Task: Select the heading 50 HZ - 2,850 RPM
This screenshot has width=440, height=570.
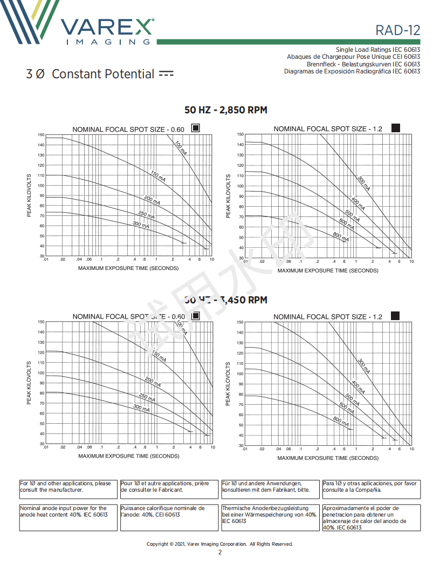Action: tap(225, 110)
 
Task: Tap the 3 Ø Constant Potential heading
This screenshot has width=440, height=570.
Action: tap(99, 74)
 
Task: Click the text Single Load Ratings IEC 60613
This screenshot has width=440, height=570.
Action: tap(377, 50)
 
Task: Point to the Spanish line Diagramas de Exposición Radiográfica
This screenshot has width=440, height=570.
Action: tap(352, 71)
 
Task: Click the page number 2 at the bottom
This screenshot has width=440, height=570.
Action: tap(220, 552)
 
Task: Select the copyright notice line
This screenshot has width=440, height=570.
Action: tap(220, 544)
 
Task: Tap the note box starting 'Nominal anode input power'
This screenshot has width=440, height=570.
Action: tap(67, 517)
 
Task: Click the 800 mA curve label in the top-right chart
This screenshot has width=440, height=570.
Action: tap(341, 236)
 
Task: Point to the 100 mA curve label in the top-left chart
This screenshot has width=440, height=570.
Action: tap(181, 148)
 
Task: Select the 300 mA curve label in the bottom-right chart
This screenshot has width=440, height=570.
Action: tap(364, 367)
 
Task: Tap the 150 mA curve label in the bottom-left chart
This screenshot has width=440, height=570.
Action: tap(159, 356)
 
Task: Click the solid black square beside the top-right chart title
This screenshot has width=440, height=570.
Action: tap(395, 128)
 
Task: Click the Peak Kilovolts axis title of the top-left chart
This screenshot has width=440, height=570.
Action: tap(30, 195)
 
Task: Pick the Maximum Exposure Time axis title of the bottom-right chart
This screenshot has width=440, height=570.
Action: tap(328, 458)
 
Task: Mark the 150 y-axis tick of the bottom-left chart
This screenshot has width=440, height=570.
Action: tap(41, 322)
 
